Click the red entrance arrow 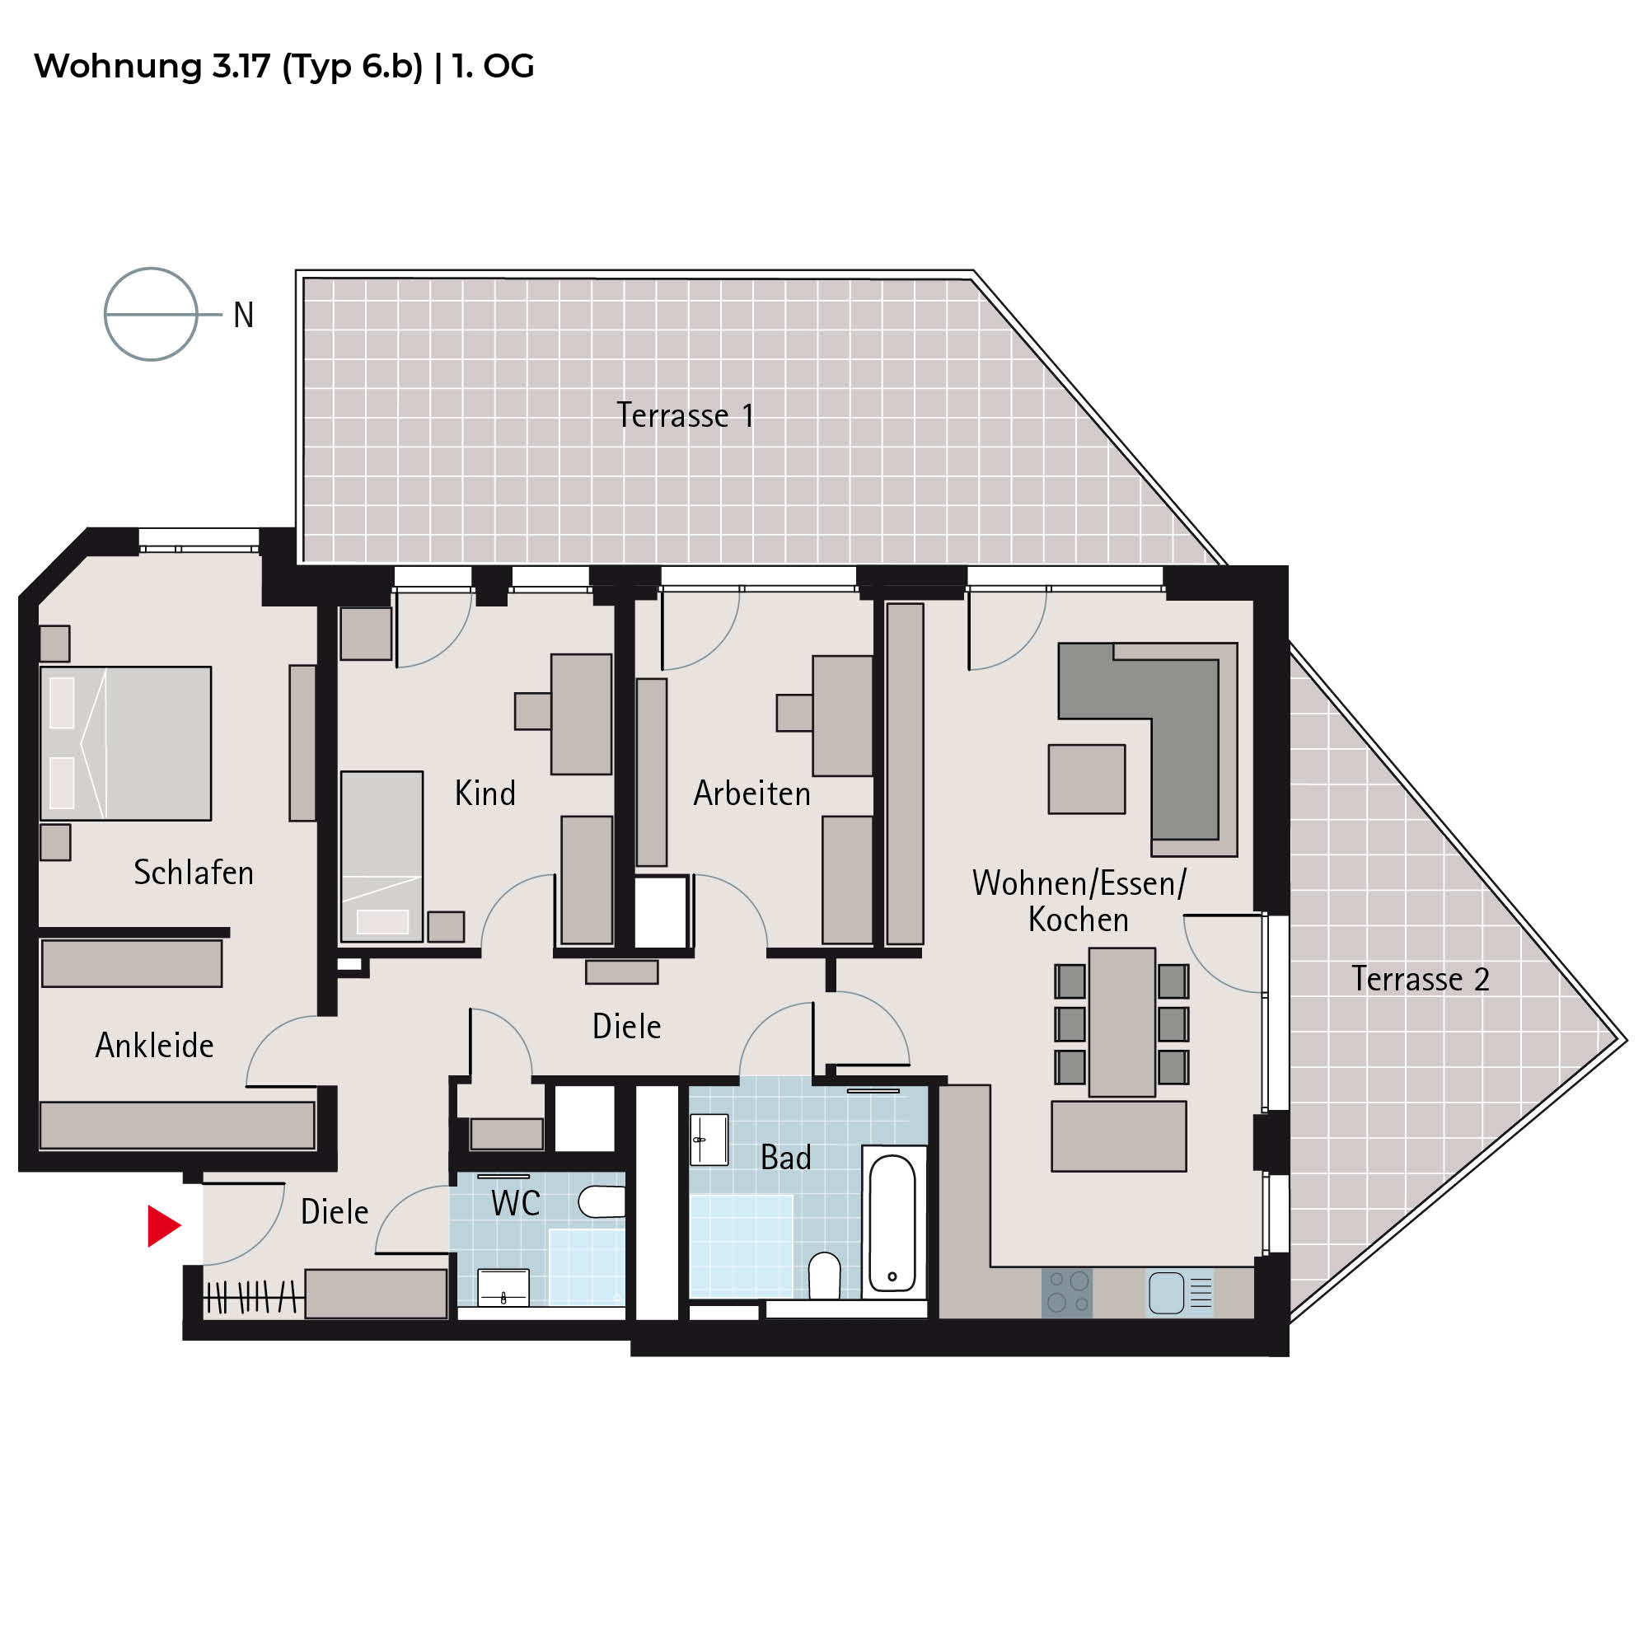162,1226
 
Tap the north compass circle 151,269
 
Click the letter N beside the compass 244,316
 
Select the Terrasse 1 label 685,415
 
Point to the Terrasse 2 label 1421,978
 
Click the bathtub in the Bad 892,1223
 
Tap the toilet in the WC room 602,1201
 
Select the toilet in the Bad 824,1276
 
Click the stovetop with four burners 1067,1292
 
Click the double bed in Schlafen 125,743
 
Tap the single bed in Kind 382,855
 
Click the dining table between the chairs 1121,1022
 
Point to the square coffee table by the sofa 1087,779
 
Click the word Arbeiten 751,794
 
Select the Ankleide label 154,1045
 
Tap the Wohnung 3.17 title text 284,67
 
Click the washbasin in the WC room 503,1288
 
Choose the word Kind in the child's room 485,794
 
